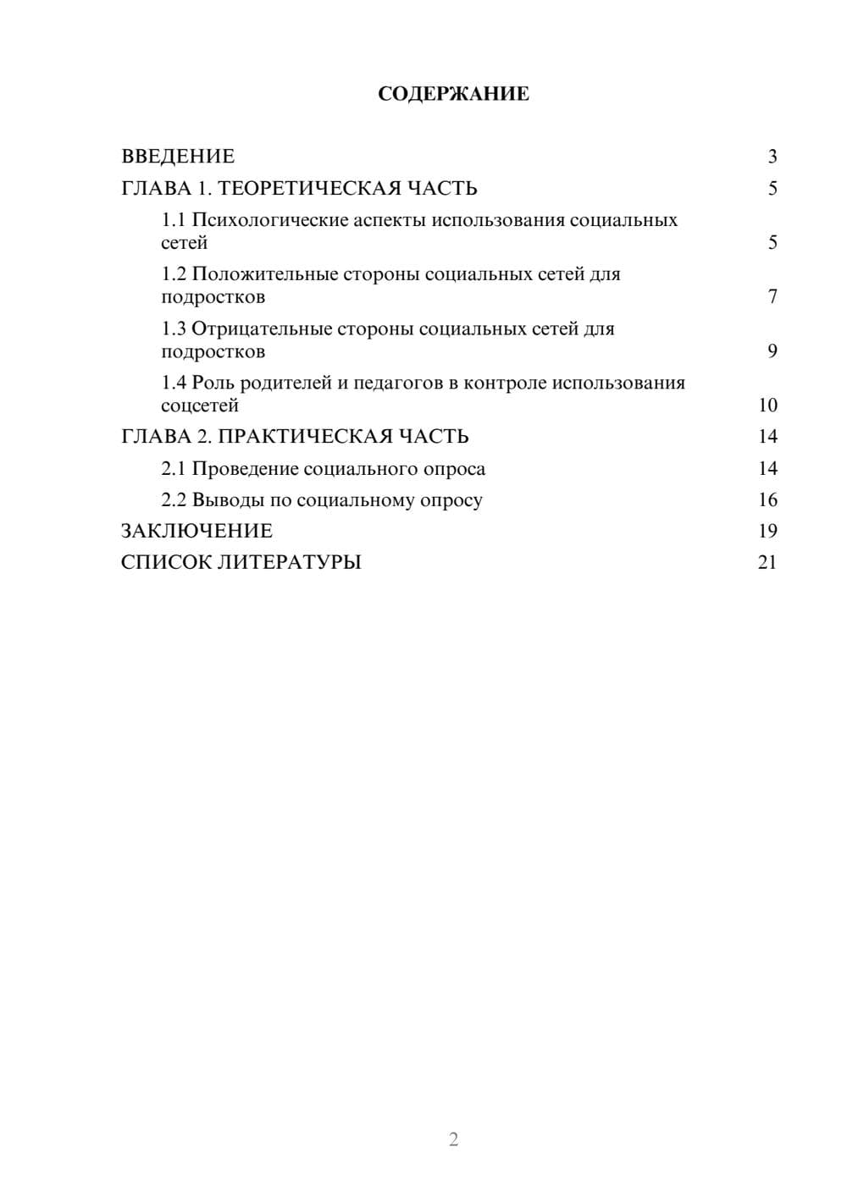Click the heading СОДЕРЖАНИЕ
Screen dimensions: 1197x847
click(x=453, y=94)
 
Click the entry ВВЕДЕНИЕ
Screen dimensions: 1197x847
click(x=178, y=157)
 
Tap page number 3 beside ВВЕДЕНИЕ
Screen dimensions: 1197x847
click(x=772, y=157)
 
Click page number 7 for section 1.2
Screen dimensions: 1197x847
click(x=772, y=297)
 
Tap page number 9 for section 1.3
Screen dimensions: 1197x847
click(x=772, y=351)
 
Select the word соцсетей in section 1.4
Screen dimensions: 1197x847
click(x=200, y=405)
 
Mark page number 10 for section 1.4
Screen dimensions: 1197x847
click(x=767, y=405)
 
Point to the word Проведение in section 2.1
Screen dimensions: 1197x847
click(x=245, y=469)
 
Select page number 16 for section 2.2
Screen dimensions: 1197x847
click(x=767, y=500)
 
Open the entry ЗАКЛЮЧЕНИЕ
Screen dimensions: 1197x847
click(x=197, y=532)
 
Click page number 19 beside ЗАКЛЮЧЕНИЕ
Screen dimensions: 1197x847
click(x=767, y=532)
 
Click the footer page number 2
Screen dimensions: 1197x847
click(x=453, y=1139)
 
